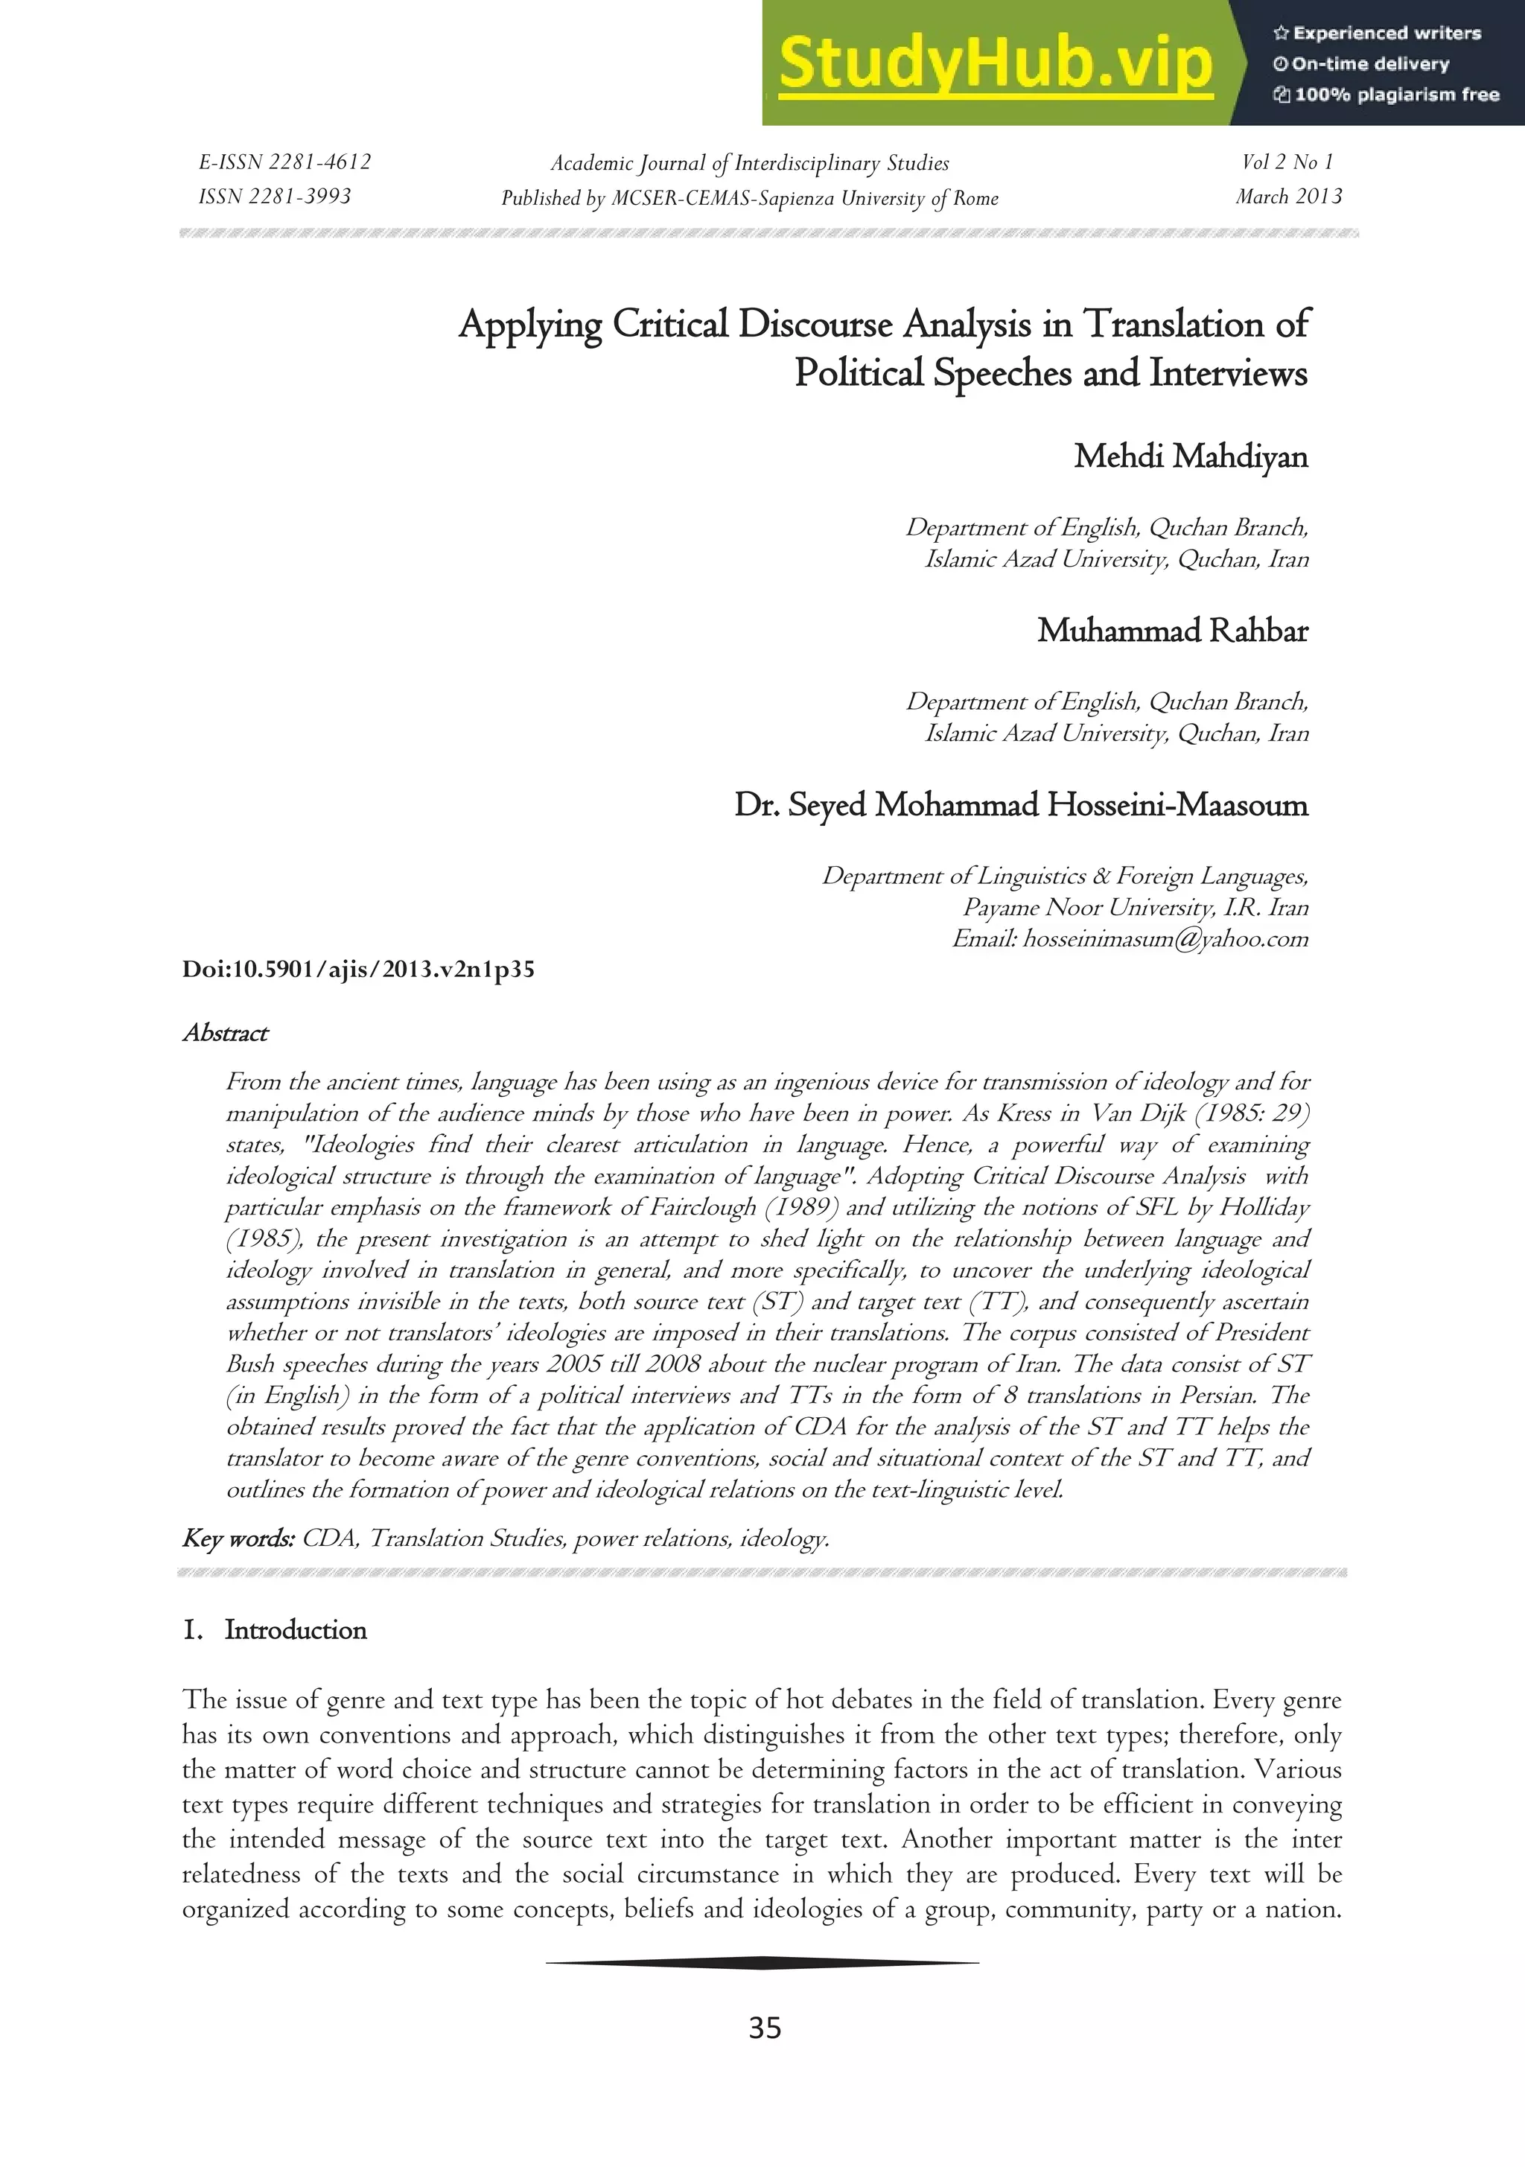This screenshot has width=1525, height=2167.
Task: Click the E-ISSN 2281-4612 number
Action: (285, 162)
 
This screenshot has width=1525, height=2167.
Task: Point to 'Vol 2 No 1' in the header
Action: (1287, 162)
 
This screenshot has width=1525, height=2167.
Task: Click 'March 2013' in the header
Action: (1288, 197)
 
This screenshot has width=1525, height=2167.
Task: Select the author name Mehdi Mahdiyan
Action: (1191, 456)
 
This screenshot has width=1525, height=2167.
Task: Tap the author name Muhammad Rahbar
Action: (1172, 631)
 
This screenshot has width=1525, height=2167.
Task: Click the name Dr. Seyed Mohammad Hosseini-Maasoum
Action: (1021, 805)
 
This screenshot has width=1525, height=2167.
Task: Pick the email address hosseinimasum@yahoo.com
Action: (1165, 939)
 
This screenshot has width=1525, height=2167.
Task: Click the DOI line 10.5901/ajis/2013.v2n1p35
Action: (359, 970)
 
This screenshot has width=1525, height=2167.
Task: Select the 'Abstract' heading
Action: (226, 1034)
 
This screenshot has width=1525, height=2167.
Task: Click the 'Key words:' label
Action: (239, 1539)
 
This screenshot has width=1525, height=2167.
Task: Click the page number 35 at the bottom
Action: (765, 2028)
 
